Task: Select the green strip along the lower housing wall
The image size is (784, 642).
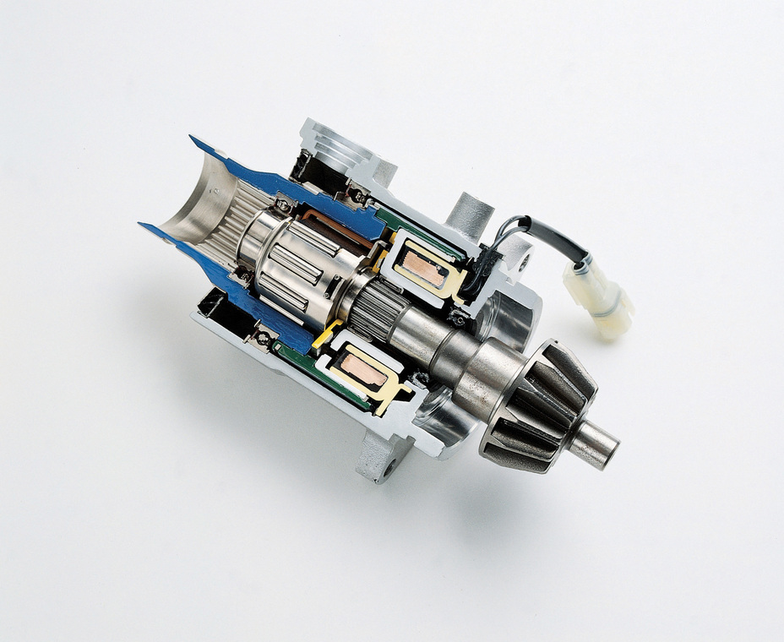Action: point(321,380)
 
